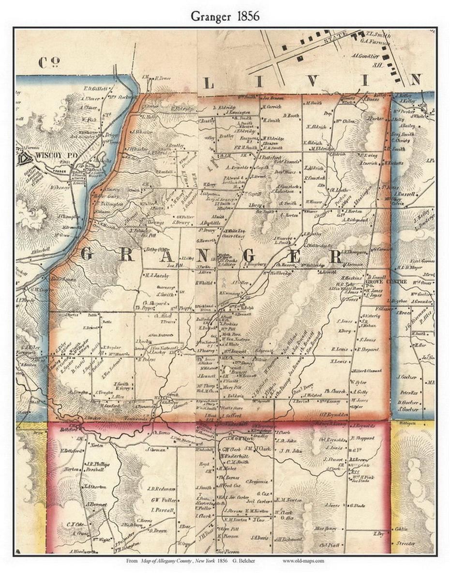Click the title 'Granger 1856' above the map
pos(225,16)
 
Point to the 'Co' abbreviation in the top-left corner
pos(49,62)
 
